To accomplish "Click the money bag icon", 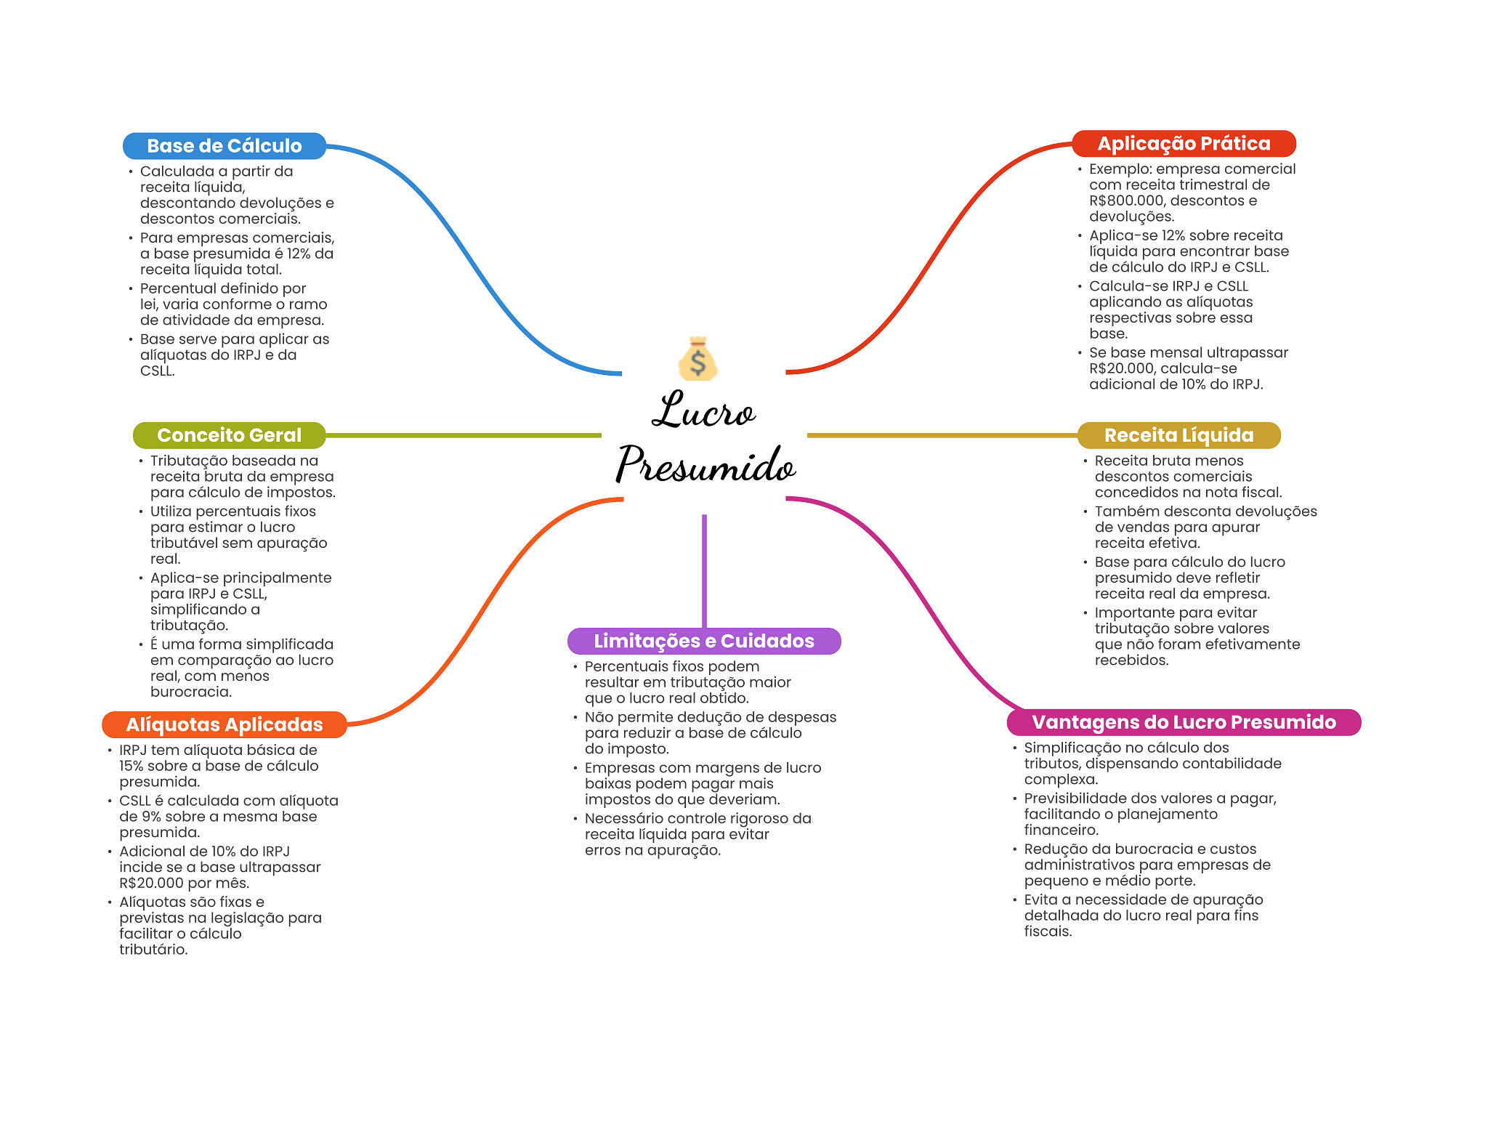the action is pos(697,359).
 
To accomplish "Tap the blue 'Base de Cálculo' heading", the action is pos(224,146).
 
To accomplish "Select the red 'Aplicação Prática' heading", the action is pos(1184,144).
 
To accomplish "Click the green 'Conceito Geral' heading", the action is pos(229,435).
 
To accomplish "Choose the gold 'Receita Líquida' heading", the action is pos(1178,435).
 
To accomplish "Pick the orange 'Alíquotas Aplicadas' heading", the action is pos(224,724).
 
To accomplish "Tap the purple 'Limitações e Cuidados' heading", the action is pos(703,641).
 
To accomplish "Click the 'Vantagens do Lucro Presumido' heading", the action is pos(1184,722).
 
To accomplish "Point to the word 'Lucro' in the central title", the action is pos(703,411).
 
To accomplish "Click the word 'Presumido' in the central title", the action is pos(705,464).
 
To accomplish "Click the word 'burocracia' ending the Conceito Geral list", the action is pos(191,692).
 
